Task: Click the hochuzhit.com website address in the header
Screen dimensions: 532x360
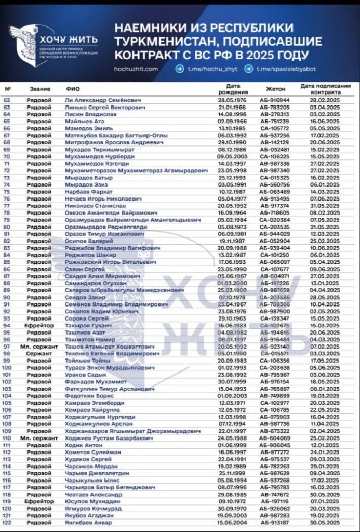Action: coord(136,69)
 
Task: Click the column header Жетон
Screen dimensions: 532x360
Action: coord(275,89)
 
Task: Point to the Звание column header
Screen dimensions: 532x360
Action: coord(40,89)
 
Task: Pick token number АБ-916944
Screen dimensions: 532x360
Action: coord(275,100)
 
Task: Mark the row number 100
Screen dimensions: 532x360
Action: coord(7,367)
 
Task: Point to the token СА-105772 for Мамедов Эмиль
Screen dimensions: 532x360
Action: coord(275,128)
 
